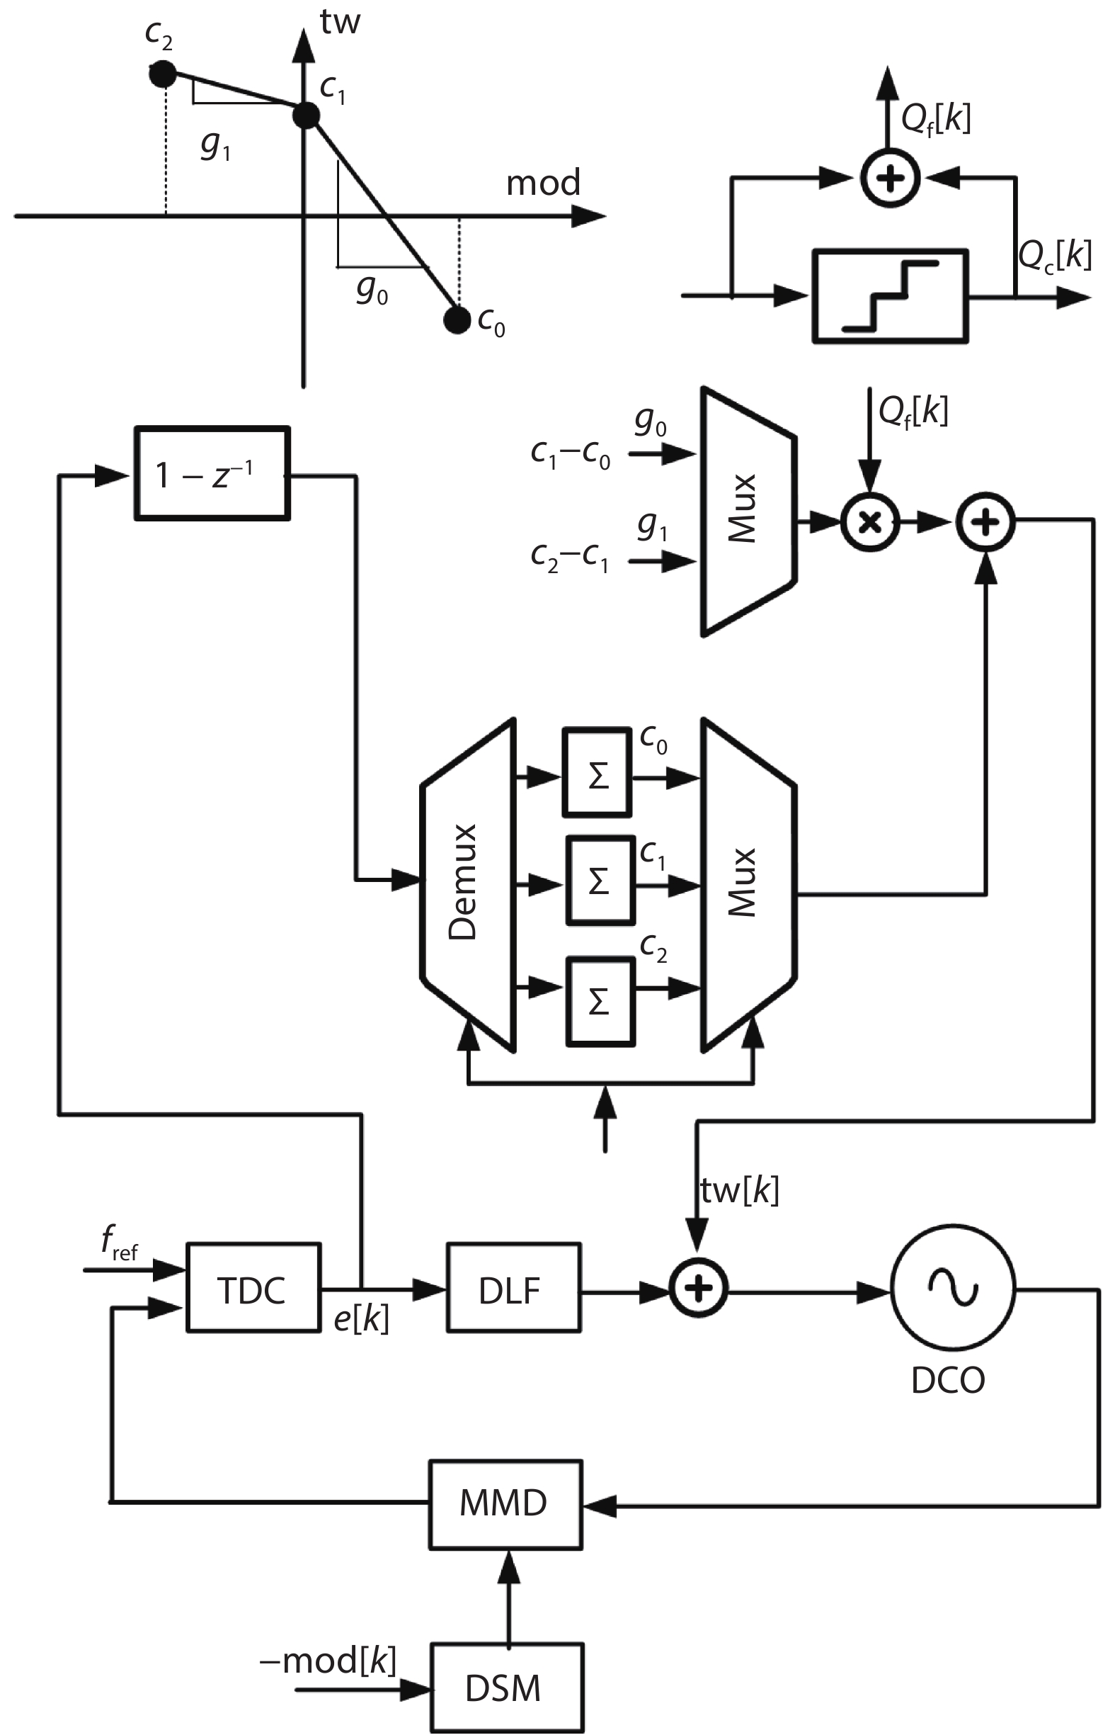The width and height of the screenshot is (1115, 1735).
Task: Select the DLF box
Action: click(513, 1289)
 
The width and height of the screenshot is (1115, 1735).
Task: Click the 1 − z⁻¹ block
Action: click(212, 474)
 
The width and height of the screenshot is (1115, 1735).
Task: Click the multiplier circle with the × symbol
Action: click(869, 521)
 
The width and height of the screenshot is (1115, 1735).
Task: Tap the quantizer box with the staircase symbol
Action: click(890, 295)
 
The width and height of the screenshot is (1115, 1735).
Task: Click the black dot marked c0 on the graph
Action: click(457, 320)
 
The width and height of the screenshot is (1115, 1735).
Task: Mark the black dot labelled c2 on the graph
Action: click(162, 73)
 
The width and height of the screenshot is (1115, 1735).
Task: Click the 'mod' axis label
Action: click(543, 183)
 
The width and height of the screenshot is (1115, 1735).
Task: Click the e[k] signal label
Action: click(360, 1320)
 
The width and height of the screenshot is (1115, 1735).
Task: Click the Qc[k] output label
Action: click(1054, 255)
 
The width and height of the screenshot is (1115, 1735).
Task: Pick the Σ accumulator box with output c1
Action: click(600, 881)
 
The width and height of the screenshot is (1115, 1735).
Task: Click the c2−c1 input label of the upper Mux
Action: click(570, 557)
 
